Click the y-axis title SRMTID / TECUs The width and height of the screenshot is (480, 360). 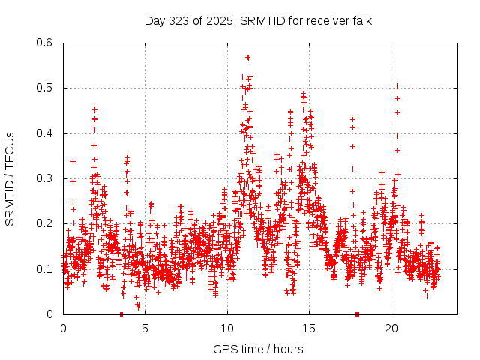[10, 178]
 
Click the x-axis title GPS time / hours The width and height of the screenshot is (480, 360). [258, 349]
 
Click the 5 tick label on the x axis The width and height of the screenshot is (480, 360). [145, 328]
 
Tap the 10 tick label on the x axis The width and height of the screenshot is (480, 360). [227, 328]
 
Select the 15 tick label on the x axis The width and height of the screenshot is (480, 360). [310, 328]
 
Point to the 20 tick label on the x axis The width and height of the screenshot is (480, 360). [391, 328]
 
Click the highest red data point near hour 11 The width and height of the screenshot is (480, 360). [248, 57]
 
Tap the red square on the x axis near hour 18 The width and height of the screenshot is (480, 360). [358, 314]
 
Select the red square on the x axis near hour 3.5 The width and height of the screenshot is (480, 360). [121, 314]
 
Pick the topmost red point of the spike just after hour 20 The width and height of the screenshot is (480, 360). [397, 85]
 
